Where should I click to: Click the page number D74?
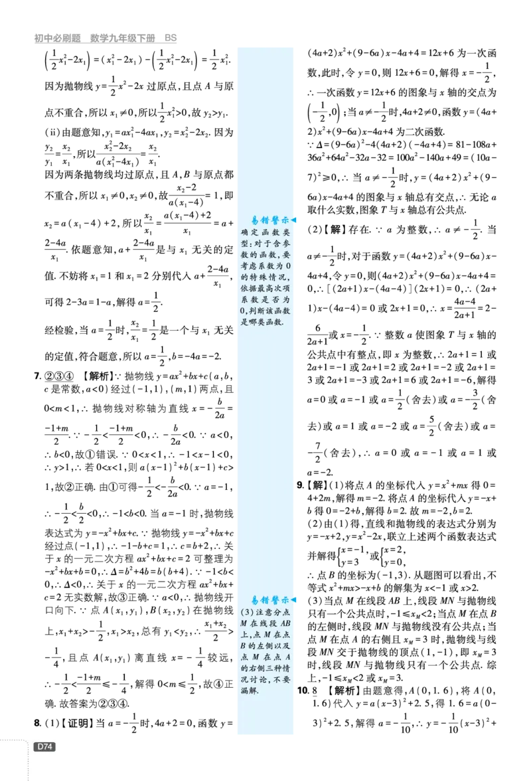click(x=44, y=747)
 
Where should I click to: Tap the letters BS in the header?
click(x=171, y=38)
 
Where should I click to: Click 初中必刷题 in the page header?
click(x=57, y=38)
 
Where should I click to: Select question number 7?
click(x=37, y=376)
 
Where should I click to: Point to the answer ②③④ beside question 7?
click(x=59, y=376)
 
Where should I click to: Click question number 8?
click(x=37, y=723)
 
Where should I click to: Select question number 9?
click(x=300, y=485)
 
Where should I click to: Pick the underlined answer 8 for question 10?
click(x=315, y=691)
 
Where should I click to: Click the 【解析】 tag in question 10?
click(x=344, y=690)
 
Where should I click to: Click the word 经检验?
click(x=59, y=330)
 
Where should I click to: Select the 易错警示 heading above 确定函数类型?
click(x=270, y=220)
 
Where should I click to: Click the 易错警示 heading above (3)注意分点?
click(x=270, y=600)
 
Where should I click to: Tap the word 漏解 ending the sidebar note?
click(x=250, y=690)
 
